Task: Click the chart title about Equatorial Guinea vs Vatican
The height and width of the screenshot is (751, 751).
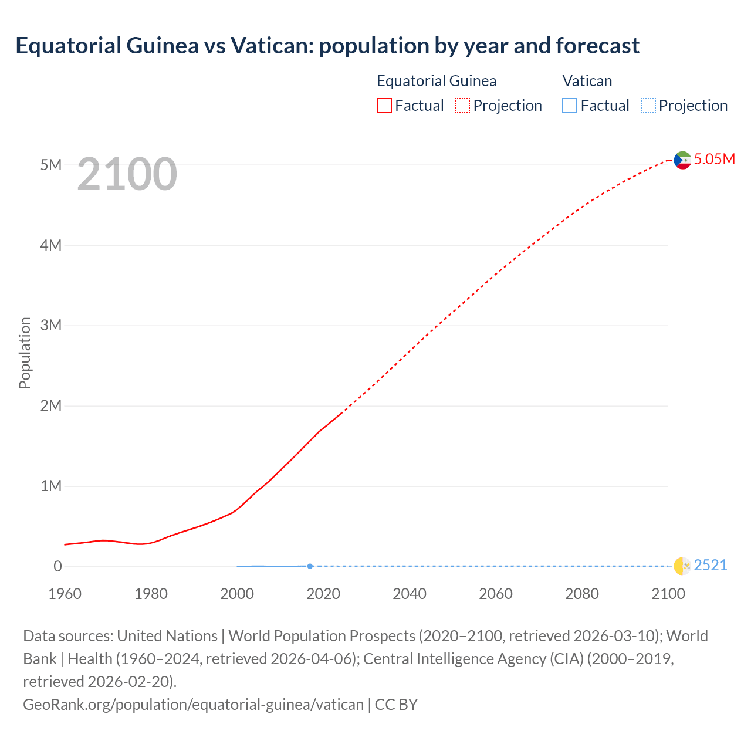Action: click(x=327, y=46)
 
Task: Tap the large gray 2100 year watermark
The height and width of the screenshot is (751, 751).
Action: click(x=127, y=174)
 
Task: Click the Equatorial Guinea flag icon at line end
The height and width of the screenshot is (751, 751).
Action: click(x=682, y=160)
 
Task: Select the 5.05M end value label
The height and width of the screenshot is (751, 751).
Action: click(x=714, y=159)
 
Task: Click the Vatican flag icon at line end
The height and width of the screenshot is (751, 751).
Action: click(x=682, y=566)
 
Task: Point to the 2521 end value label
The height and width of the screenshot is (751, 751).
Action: click(x=710, y=565)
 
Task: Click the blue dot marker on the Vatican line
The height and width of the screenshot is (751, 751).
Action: click(x=310, y=566)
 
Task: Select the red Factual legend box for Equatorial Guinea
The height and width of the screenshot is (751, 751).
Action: click(x=384, y=106)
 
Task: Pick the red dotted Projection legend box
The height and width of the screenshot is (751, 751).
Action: click(x=462, y=106)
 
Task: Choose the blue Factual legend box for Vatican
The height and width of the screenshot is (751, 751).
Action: click(x=569, y=106)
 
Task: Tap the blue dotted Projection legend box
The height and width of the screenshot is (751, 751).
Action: click(x=648, y=106)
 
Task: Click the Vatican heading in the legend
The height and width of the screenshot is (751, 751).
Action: click(x=587, y=81)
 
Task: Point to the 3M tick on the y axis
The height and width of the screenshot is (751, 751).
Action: click(x=51, y=325)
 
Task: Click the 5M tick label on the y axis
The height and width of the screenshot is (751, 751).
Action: click(x=51, y=165)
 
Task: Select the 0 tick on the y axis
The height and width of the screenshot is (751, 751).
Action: click(x=57, y=566)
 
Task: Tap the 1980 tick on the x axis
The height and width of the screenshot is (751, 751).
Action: click(x=151, y=594)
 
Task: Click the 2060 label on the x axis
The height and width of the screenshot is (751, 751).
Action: click(x=496, y=594)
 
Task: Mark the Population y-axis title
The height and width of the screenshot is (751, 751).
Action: click(x=25, y=353)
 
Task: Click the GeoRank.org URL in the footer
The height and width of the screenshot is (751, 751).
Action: click(x=193, y=704)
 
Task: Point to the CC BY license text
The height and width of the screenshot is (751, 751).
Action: click(x=396, y=704)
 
